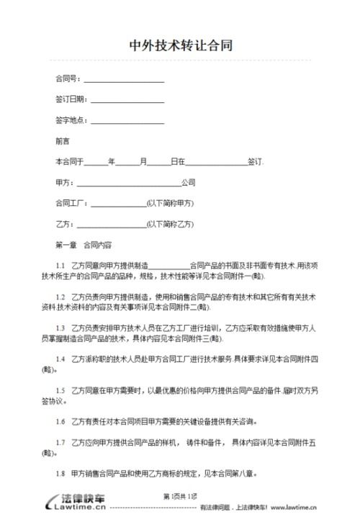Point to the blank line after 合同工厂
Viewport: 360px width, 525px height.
(x=116, y=203)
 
